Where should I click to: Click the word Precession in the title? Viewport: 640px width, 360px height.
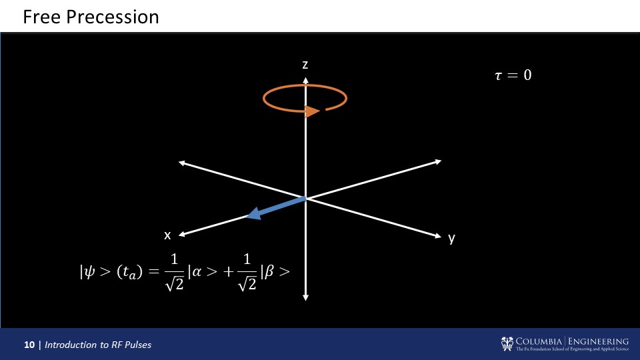[x=113, y=17]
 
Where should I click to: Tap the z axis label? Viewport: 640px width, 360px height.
[x=305, y=65]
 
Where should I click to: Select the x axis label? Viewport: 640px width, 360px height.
[x=167, y=235]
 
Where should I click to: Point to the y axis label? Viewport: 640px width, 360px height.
[x=451, y=238]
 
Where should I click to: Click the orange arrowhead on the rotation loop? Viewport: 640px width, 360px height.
[x=312, y=111]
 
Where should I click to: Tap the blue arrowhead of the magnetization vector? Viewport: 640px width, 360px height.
[x=254, y=213]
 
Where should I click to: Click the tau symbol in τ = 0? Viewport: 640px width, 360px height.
[x=498, y=75]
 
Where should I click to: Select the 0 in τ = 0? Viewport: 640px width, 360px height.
[x=527, y=75]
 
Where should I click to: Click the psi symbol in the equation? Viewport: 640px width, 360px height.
[x=89, y=272]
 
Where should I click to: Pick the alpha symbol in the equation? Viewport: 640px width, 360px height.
[x=197, y=272]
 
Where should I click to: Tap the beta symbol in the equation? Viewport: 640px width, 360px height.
[x=269, y=272]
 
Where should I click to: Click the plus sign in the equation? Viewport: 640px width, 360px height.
[x=229, y=272]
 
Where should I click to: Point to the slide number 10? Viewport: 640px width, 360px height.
[x=29, y=345]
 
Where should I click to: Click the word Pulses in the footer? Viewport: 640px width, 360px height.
[x=138, y=345]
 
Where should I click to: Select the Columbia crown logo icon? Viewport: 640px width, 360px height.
[x=507, y=344]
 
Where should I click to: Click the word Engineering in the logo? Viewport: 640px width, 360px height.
[x=599, y=341]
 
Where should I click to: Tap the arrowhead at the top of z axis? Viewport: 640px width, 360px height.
[x=305, y=80]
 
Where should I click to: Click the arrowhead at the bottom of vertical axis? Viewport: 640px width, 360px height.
[x=305, y=297]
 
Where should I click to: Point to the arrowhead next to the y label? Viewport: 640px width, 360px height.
[x=437, y=235]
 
